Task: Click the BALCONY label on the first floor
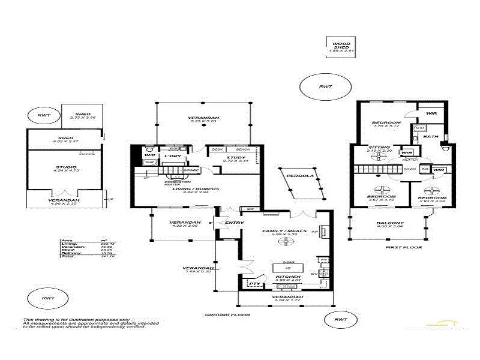pyautogui.click(x=391, y=223)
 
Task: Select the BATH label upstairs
pyautogui.click(x=431, y=136)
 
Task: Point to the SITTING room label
pyautogui.click(x=379, y=147)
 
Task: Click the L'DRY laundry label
pyautogui.click(x=173, y=157)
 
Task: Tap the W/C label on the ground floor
pyautogui.click(x=149, y=156)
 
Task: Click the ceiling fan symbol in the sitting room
pyautogui.click(x=377, y=157)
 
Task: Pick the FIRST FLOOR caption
pyautogui.click(x=403, y=247)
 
